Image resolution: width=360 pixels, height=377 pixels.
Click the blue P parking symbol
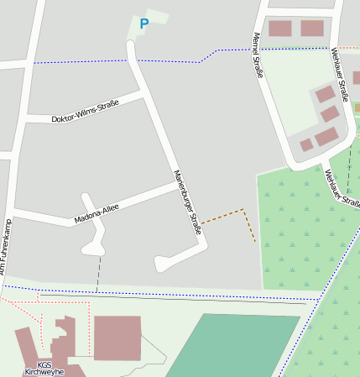click(143, 24)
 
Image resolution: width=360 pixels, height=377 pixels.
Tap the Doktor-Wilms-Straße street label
click(85, 112)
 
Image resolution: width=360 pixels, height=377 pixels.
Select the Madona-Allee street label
click(97, 213)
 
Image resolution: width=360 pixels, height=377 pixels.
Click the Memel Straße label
click(258, 55)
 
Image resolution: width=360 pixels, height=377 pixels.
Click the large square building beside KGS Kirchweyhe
click(117, 338)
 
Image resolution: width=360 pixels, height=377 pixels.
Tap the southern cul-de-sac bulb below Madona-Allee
click(92, 248)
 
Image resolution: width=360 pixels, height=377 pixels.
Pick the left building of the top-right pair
click(279, 29)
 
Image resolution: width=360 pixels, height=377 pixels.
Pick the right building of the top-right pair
click(312, 29)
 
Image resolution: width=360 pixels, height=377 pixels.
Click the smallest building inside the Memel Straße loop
click(306, 145)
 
